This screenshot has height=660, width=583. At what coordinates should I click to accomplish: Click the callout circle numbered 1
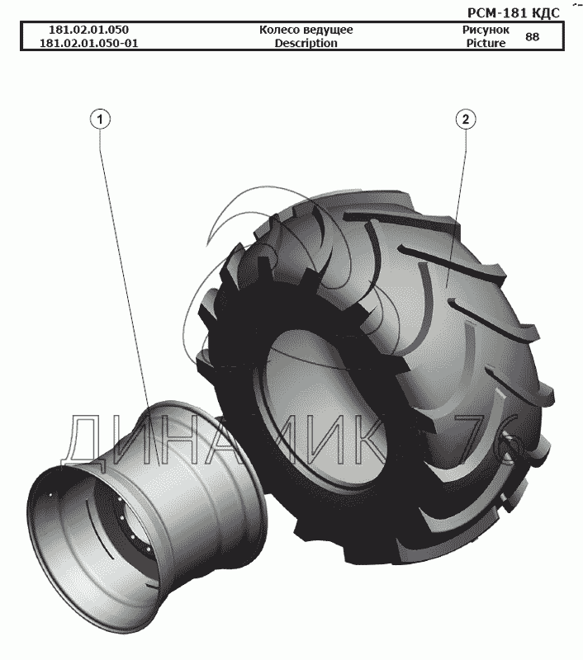(x=100, y=120)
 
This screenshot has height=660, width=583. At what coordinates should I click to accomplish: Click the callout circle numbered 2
(x=466, y=120)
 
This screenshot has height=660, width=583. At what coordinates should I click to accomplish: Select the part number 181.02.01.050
(x=89, y=30)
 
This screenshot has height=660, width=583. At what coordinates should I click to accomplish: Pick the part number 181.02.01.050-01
(x=89, y=43)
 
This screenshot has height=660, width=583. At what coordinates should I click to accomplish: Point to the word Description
(x=306, y=43)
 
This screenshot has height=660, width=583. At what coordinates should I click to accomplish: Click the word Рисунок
(x=486, y=30)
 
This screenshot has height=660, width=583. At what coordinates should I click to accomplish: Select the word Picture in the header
(x=486, y=43)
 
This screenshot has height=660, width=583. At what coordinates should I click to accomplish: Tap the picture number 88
(x=533, y=36)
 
